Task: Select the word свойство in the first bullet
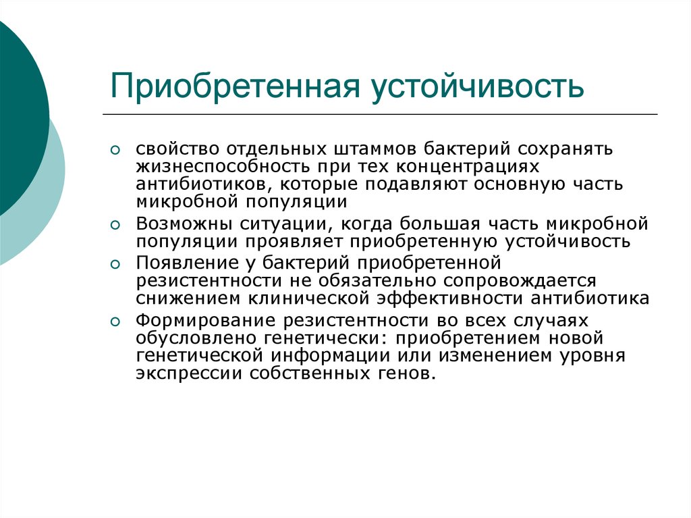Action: click(177, 149)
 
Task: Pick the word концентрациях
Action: click(468, 167)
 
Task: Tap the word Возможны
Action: click(184, 224)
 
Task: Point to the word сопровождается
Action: click(520, 281)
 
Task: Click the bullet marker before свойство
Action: click(115, 151)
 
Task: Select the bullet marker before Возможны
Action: click(115, 226)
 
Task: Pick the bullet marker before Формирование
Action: click(115, 321)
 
